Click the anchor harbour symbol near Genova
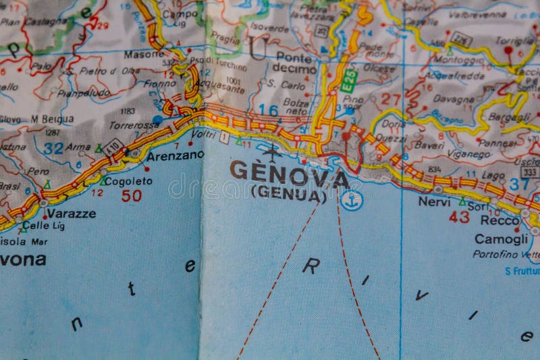(x=351, y=201)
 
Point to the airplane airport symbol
(x=273, y=153)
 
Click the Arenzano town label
(x=175, y=155)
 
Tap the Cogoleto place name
(x=129, y=181)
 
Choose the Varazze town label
(x=71, y=213)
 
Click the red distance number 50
(x=131, y=196)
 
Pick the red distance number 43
(x=459, y=217)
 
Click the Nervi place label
(x=434, y=201)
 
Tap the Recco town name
(x=500, y=220)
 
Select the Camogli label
(x=501, y=238)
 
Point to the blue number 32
(x=53, y=147)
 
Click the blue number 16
(x=268, y=110)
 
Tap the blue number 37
(x=519, y=184)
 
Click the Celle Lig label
(x=43, y=226)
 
